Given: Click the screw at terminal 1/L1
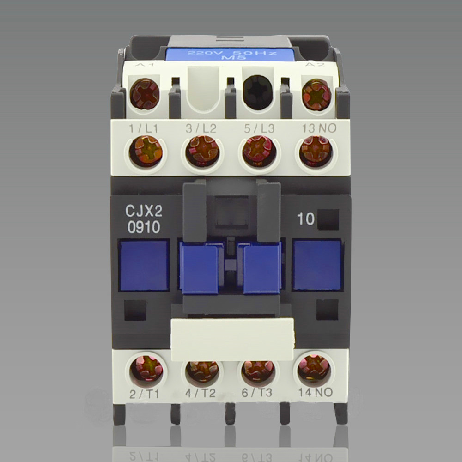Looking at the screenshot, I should coord(146,151).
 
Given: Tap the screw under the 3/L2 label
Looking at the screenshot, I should coord(202,151).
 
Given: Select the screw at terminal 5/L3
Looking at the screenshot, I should coord(258,151).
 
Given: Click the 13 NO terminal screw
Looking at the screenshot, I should coord(316,151).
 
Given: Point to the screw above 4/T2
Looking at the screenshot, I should coord(202,371).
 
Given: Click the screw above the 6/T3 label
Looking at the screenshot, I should coord(258,371).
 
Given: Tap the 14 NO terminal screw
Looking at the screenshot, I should coord(314,369).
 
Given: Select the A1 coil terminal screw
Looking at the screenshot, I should coord(145,94).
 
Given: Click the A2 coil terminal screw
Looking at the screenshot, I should coord(316,94).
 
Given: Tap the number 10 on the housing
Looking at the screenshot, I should coord(306,219).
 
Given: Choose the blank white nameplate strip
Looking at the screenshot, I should coord(232,339).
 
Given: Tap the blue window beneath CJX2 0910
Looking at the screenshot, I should coord(144,265).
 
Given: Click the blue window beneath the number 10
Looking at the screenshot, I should coord(317,265).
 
